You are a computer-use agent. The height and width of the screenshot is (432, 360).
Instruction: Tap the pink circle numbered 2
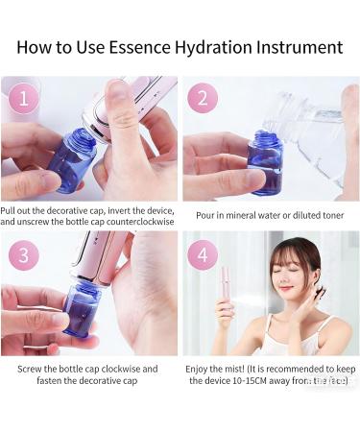[x=202, y=98]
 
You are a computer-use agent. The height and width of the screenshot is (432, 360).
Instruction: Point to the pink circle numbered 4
[x=202, y=253]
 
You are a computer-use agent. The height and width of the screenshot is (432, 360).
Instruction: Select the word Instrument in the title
[x=300, y=46]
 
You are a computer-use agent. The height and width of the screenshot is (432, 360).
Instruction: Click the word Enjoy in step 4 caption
[x=200, y=368]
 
